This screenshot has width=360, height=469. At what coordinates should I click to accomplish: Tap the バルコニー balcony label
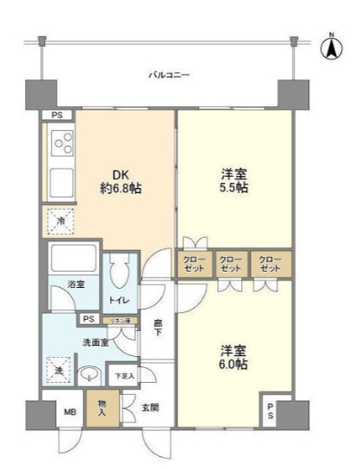168,75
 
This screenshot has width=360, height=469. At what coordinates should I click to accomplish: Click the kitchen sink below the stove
63,183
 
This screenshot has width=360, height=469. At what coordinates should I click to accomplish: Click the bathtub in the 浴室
72,260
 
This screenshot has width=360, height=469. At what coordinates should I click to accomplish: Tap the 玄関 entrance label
150,409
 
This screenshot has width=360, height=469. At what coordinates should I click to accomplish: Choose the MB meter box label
71,411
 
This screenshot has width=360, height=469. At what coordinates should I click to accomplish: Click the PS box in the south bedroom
270,410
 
